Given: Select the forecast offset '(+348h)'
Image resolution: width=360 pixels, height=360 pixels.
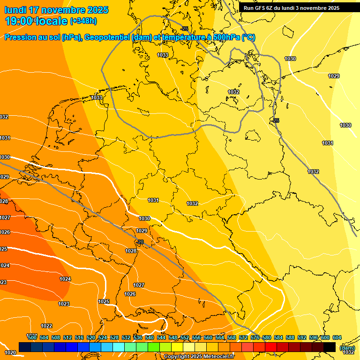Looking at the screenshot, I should [x=83, y=21].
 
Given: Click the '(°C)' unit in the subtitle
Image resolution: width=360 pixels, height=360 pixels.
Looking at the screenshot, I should [x=248, y=37].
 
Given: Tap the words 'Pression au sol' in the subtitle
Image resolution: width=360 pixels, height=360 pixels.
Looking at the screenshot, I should [x=32, y=37].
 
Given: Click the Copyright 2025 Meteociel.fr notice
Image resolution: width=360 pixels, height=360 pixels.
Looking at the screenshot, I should [x=199, y=357].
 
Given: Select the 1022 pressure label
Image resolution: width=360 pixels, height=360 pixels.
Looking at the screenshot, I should [x=46, y=326].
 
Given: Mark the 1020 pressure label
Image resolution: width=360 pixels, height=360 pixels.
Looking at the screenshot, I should [x=10, y=352].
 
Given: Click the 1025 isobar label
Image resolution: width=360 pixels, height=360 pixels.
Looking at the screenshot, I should [x=104, y=301].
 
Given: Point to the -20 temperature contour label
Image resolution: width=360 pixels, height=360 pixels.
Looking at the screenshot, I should [x=140, y=242].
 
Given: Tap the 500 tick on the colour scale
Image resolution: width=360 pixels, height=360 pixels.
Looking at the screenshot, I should [x=32, y=337].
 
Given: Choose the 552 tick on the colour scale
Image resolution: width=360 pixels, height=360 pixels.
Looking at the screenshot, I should [x=185, y=337].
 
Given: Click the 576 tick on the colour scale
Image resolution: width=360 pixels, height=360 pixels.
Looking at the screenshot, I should [x=255, y=337].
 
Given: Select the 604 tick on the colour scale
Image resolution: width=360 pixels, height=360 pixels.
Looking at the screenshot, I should [x=337, y=337].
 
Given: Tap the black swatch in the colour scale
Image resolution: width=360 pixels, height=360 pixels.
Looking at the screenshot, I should [x=330, y=347].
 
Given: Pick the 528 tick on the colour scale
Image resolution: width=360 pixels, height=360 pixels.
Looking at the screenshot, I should [x=114, y=337].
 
